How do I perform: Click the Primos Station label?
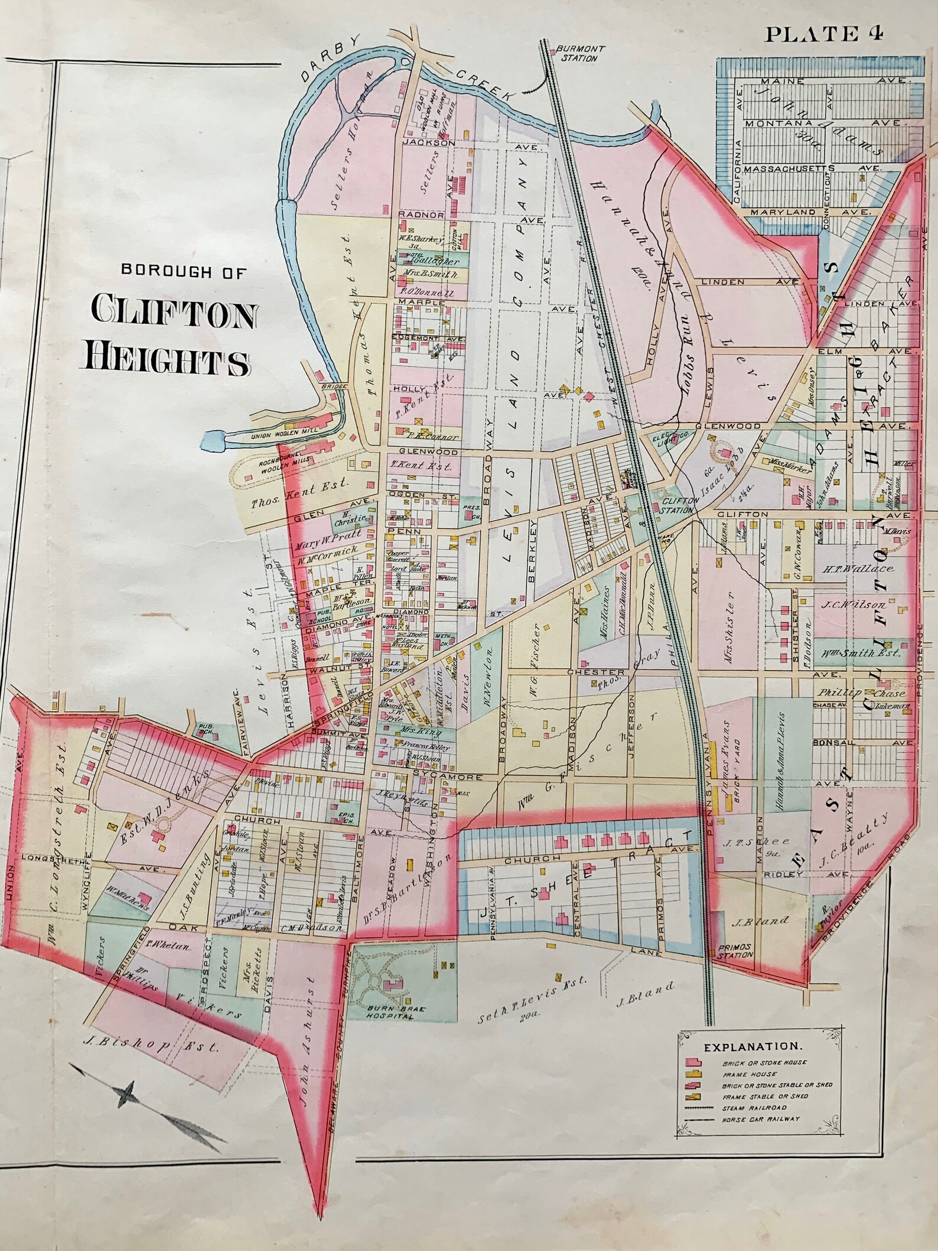tap(735, 966)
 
